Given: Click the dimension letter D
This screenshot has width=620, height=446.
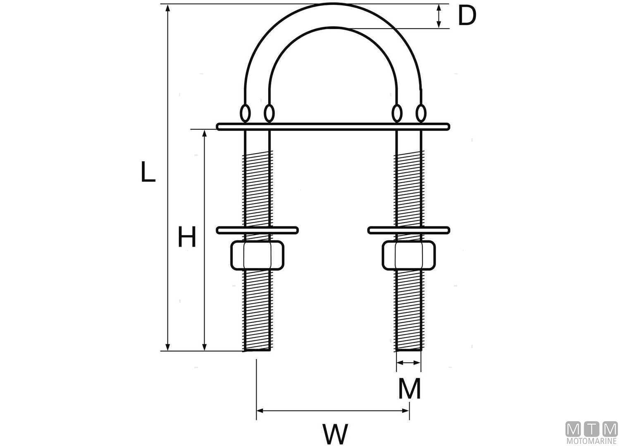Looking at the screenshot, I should pos(467,16).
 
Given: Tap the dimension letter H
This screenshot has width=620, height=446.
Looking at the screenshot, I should pos(187,237).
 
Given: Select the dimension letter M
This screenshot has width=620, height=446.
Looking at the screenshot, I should pos(409,389).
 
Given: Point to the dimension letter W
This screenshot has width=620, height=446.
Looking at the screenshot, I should pos(335,434).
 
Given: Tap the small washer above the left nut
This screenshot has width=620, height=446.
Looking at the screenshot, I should pos(257,230).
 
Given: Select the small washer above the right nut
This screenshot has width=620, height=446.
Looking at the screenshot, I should pos(408,230).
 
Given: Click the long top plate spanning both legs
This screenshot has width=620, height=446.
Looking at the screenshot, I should pos(333,126).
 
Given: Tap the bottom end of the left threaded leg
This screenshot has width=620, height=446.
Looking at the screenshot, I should pos(257,349).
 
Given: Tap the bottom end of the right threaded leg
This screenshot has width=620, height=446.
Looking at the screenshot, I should pos(408,349).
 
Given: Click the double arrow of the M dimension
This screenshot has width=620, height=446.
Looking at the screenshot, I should pos(408,363).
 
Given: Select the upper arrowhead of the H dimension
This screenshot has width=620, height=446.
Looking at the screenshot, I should pos(204,133).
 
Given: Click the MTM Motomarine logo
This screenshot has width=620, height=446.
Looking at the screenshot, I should pos(591,433).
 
